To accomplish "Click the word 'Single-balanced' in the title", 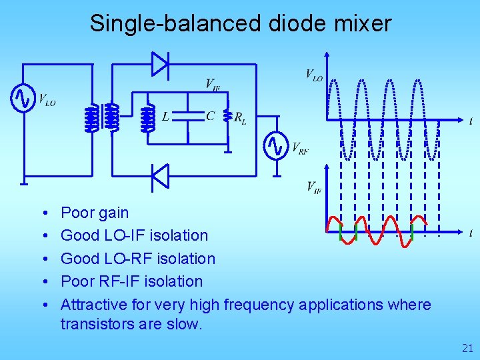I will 175,23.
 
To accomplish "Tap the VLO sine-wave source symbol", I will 22,99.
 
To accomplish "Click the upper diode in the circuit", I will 160,64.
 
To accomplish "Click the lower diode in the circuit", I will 160,176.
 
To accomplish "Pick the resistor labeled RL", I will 228,118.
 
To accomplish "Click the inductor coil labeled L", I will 148,118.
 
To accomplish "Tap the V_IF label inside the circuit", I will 213,84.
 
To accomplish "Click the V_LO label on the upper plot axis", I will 314,75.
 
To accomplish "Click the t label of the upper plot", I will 471,121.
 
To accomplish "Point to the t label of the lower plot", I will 471,233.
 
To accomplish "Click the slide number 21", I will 467,347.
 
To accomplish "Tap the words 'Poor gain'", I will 95,213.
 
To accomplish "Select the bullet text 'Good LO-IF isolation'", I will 134,235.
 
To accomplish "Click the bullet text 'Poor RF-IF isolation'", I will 131,281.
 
